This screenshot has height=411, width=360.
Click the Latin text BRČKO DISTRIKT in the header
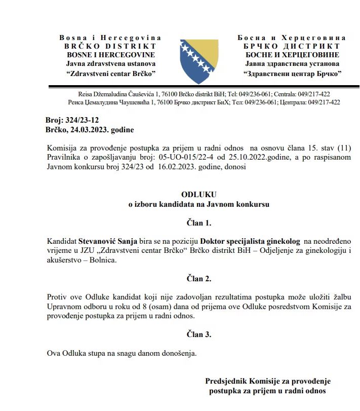(x=110, y=46)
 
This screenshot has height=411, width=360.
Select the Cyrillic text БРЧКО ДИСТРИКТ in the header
(x=292, y=46)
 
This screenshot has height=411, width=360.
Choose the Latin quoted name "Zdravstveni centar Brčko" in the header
(x=110, y=73)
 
